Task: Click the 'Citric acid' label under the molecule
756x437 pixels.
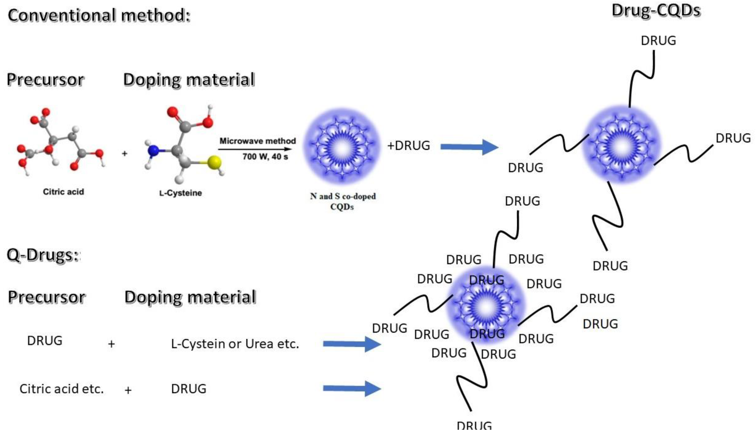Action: [63, 192]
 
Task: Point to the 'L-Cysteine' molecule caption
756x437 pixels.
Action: [180, 193]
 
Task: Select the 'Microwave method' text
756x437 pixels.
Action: [257, 141]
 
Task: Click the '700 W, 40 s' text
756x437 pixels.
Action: [265, 156]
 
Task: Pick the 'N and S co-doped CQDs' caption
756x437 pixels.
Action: [343, 201]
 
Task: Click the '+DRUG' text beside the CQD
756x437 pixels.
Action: [409, 146]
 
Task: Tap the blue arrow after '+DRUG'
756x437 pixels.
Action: [469, 147]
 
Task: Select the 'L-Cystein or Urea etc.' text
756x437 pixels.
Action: [235, 344]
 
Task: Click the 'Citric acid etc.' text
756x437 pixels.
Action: [61, 389]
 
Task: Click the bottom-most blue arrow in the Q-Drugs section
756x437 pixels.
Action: [352, 388]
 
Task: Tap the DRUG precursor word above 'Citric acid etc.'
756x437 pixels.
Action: [45, 341]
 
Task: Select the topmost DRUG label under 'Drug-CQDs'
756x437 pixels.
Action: [658, 41]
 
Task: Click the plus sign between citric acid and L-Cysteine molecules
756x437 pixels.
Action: [125, 154]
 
